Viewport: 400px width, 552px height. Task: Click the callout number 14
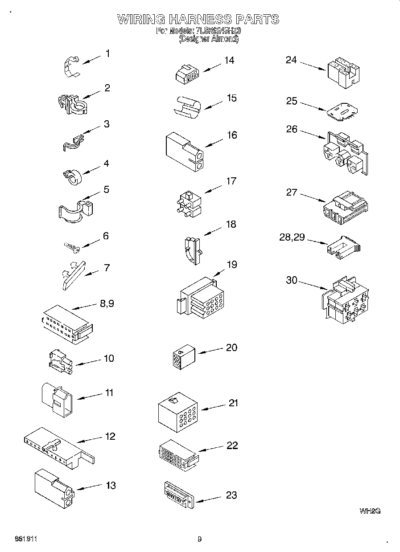click(x=229, y=60)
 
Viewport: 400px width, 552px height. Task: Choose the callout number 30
click(x=291, y=280)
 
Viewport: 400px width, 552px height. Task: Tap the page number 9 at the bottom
click(x=200, y=539)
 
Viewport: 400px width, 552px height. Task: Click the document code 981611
click(x=25, y=539)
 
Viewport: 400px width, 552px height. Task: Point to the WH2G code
click(x=370, y=511)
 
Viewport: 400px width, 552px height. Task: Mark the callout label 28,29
click(x=292, y=237)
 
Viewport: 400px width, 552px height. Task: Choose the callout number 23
click(x=231, y=495)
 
